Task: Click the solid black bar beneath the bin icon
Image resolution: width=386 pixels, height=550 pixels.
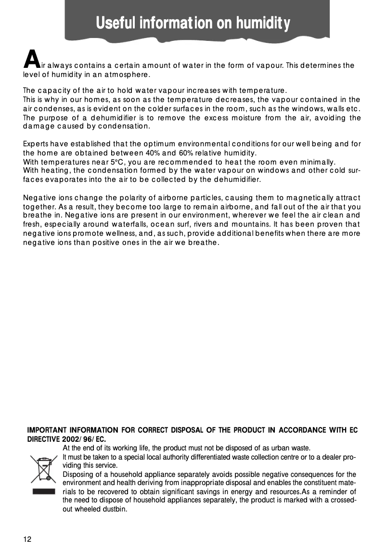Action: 44,492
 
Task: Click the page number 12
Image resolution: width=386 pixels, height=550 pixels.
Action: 27,539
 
